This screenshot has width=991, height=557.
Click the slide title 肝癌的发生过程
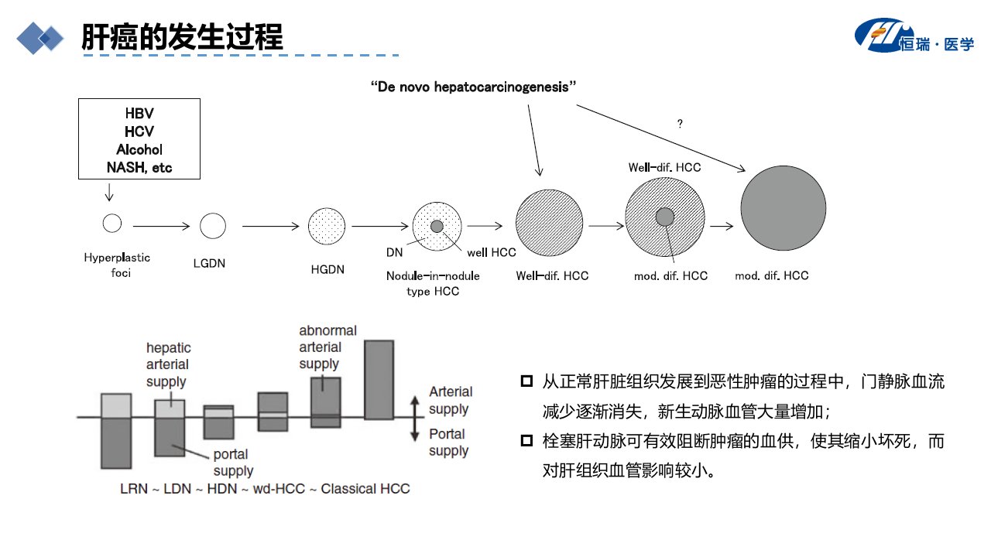(x=182, y=36)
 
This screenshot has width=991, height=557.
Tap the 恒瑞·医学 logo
(x=914, y=36)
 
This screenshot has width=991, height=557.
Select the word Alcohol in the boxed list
(x=139, y=149)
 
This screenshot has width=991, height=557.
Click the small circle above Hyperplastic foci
(x=112, y=224)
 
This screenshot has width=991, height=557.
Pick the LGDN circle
(x=213, y=226)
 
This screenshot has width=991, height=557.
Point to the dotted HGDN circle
(x=327, y=227)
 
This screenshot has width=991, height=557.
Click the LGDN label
(x=209, y=264)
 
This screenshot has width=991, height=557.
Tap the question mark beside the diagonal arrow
(x=680, y=123)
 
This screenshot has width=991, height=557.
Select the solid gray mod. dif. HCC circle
(x=784, y=208)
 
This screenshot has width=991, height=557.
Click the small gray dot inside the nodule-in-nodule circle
(x=437, y=227)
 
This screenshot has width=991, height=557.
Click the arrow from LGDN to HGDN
(x=271, y=227)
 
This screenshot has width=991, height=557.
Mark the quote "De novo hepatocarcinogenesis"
(x=473, y=87)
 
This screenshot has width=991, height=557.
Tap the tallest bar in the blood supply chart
(x=379, y=380)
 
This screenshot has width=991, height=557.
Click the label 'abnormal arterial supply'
(x=327, y=347)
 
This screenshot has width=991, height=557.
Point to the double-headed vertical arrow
(x=414, y=419)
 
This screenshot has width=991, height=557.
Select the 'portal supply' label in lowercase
(x=233, y=463)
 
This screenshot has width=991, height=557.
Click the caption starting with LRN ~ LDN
(x=265, y=489)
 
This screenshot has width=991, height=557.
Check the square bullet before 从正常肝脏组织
(x=526, y=381)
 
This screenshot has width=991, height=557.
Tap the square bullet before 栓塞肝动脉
(x=526, y=441)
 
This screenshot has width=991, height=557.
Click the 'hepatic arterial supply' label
(x=169, y=364)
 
